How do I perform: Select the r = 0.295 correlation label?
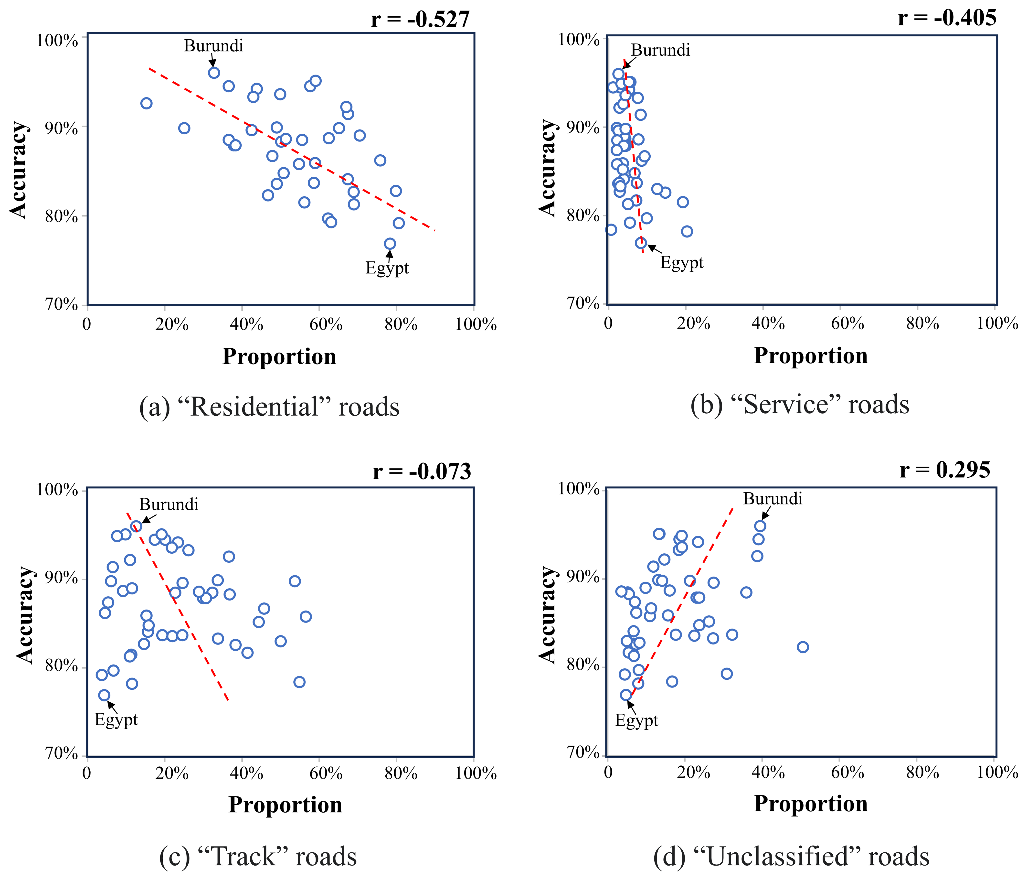click(x=945, y=470)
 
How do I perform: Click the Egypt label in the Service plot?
click(x=681, y=262)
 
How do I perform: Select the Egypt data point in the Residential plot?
click(x=390, y=243)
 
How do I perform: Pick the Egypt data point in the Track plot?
click(x=104, y=695)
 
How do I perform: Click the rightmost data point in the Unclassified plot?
click(x=803, y=647)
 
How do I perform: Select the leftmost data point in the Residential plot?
click(x=146, y=103)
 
